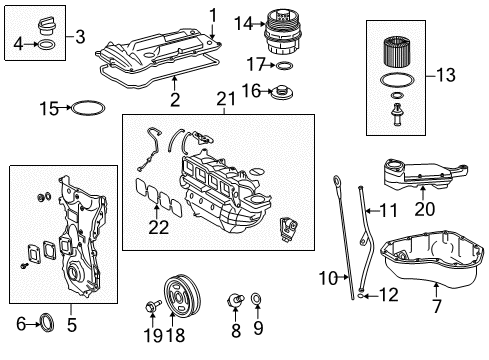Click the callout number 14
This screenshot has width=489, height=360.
coord(244,24)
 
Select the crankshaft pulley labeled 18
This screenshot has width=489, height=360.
coord(183,294)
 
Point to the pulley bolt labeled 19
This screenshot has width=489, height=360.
coord(153,306)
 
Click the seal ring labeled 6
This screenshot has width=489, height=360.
coord(47,323)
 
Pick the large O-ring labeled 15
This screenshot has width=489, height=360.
coord(88,108)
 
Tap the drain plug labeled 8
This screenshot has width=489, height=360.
coord(235,299)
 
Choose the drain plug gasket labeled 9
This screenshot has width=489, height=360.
coord(257,299)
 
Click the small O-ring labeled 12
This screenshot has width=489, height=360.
coord(361,295)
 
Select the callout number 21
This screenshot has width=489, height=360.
coord(226,99)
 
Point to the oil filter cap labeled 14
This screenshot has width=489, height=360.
coord(283,33)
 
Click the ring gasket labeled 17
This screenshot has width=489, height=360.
coord(284,66)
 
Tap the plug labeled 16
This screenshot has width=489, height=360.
coord(282,92)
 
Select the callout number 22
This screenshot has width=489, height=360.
coord(158,227)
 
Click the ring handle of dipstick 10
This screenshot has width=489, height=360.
coord(336,182)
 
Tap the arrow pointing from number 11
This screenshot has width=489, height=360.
coord(372,211)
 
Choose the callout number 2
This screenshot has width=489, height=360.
coord(175,99)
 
